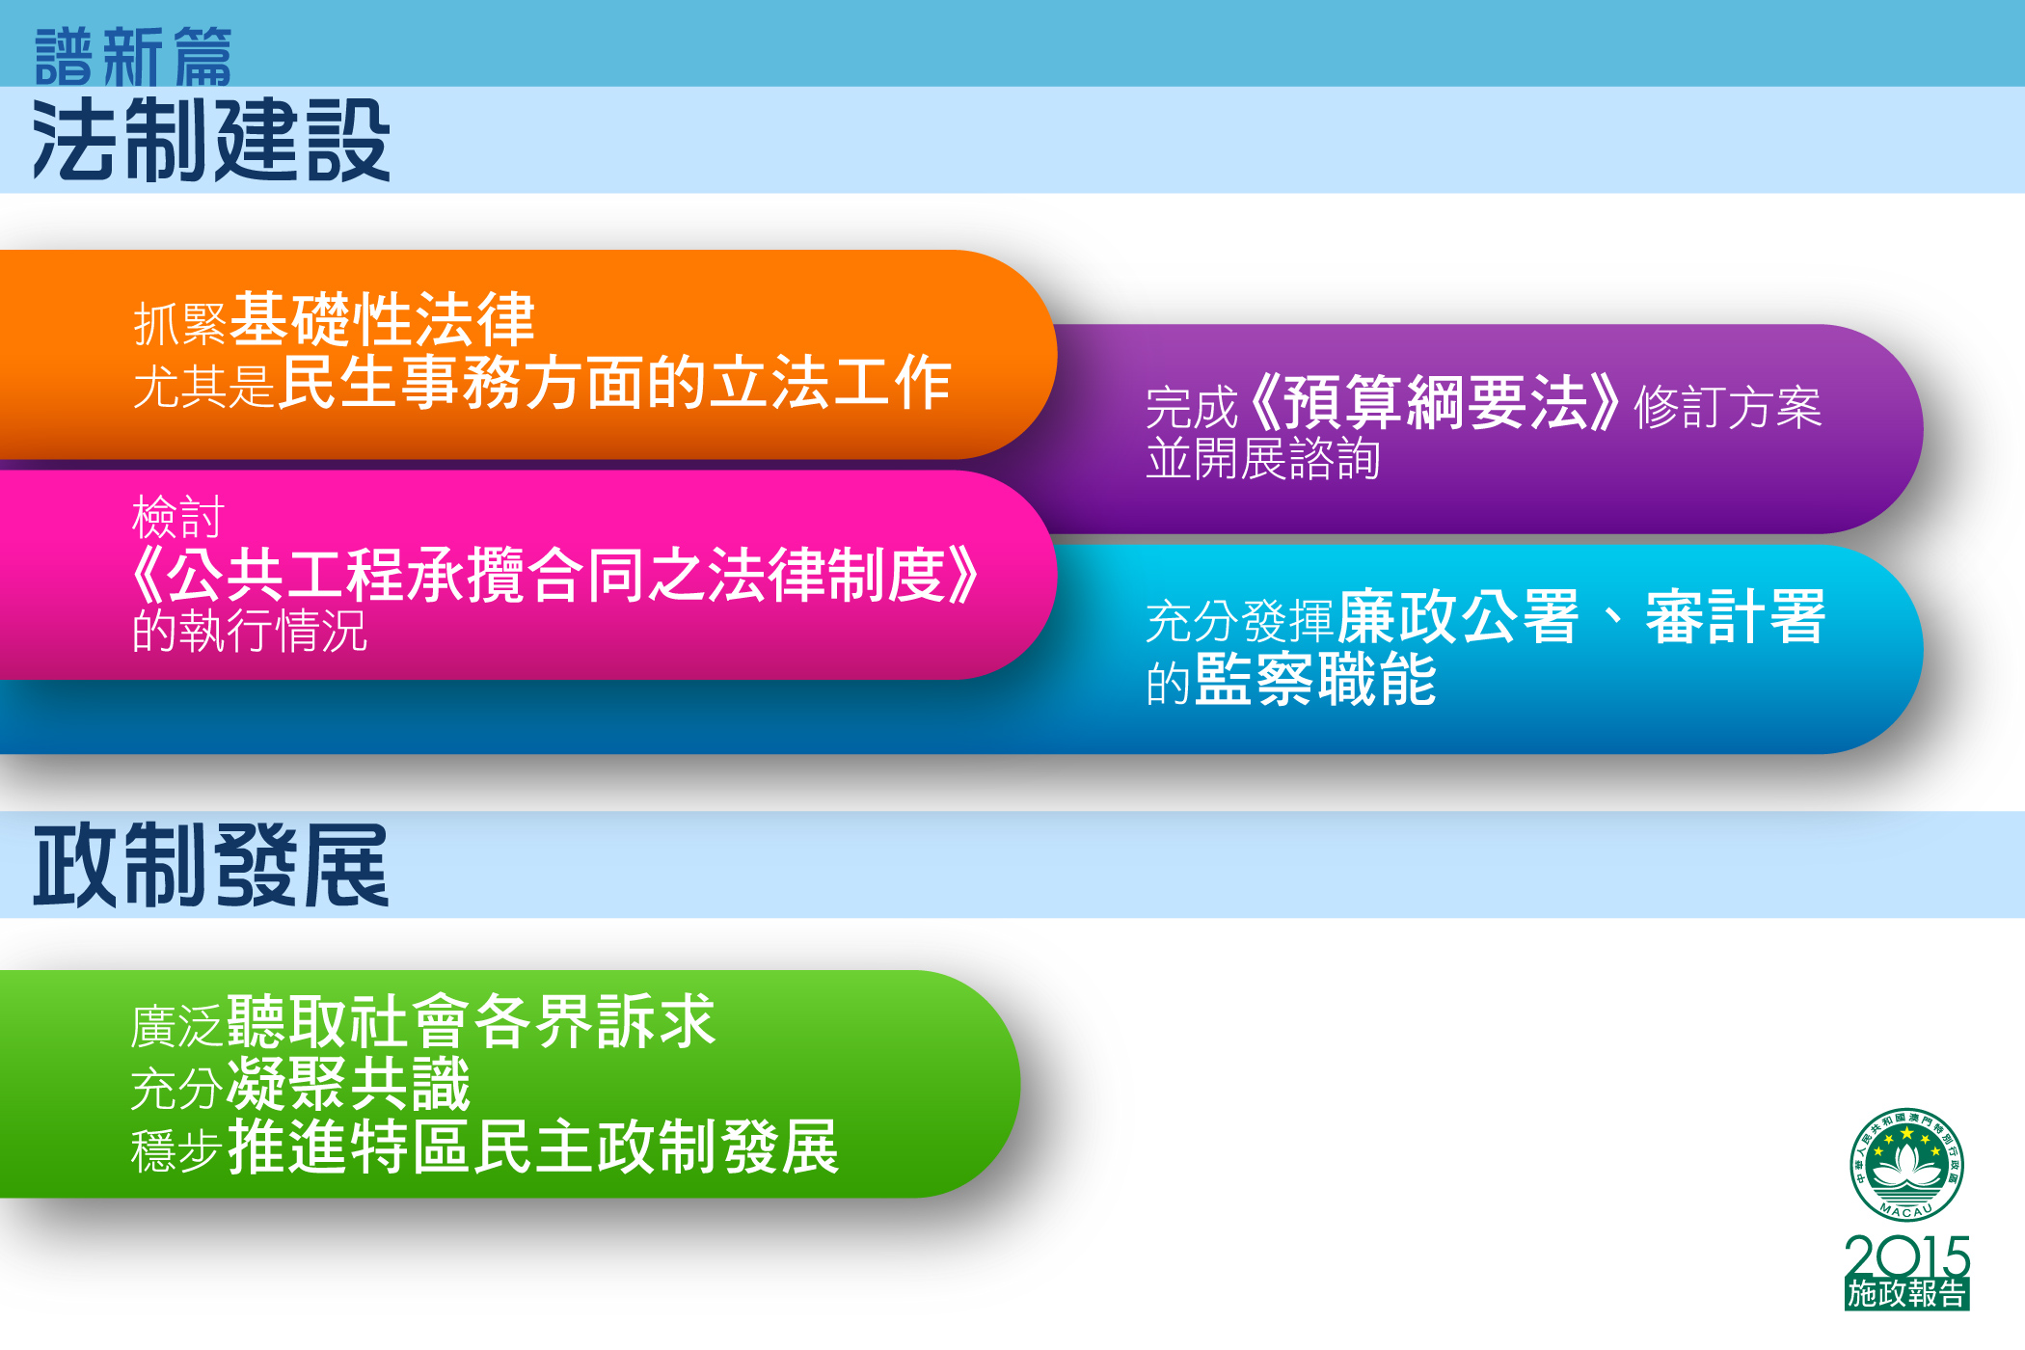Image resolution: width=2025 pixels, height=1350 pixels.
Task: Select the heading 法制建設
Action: click(211, 141)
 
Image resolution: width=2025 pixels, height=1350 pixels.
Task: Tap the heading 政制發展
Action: click(211, 865)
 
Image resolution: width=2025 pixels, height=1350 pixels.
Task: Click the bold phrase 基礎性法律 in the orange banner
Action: click(383, 319)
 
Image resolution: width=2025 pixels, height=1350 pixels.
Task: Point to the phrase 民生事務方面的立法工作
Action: click(615, 382)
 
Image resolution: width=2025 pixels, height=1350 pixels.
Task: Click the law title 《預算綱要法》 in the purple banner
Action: click(1434, 403)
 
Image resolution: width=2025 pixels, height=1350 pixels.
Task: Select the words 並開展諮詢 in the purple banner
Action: click(1263, 458)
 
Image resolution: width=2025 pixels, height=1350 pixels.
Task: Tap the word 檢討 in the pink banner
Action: click(178, 517)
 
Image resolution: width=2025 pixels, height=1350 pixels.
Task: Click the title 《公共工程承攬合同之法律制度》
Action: click(555, 575)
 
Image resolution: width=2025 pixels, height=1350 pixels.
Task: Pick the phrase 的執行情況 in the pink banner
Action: click(250, 631)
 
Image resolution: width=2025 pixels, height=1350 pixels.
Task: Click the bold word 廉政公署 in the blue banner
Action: click(1459, 616)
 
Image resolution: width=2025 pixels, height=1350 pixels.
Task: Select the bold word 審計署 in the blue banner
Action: click(1736, 616)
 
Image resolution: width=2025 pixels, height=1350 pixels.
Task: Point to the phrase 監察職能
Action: click(1316, 679)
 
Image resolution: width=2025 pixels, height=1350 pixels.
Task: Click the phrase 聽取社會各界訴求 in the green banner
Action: click(472, 1021)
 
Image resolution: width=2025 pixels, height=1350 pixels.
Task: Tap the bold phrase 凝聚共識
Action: click(349, 1084)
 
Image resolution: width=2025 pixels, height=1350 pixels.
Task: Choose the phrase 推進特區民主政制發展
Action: click(533, 1147)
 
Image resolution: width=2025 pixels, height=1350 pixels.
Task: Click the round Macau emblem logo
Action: click(1906, 1165)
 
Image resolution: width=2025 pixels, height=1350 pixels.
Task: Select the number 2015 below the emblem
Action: click(1907, 1257)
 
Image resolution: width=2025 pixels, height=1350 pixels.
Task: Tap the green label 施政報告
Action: click(1907, 1294)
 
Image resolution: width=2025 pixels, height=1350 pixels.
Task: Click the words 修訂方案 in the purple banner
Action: click(1728, 407)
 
